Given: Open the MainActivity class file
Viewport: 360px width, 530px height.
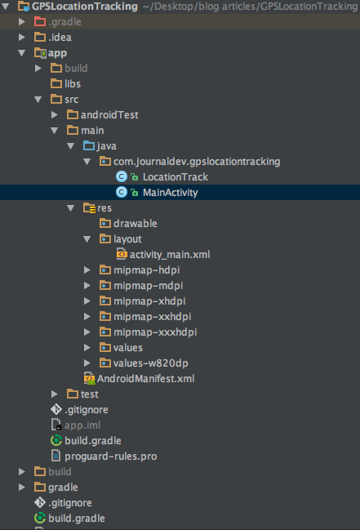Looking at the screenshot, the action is [x=170, y=193].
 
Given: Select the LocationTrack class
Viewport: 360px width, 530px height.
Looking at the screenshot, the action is [x=175, y=177].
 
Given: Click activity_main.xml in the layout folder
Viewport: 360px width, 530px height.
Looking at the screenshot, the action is [x=170, y=255].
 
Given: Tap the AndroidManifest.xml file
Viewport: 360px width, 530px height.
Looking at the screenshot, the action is [x=145, y=379].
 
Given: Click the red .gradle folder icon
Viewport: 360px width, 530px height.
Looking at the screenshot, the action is [x=40, y=21].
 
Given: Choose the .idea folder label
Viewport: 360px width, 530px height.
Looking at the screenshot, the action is [x=60, y=38].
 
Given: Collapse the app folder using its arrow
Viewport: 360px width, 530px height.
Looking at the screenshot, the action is [x=22, y=53].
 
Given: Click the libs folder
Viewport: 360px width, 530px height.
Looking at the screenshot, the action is [x=73, y=84].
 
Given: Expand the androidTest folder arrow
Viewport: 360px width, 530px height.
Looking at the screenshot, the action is [x=55, y=115].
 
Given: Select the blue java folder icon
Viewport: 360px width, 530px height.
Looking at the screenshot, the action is [x=89, y=145].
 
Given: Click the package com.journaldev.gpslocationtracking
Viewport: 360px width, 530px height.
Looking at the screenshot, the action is [x=197, y=162].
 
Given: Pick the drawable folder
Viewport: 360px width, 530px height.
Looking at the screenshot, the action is [x=136, y=224].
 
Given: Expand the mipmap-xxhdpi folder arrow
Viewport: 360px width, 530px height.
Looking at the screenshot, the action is [x=87, y=316].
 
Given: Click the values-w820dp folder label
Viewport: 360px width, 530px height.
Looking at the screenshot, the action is [x=151, y=363].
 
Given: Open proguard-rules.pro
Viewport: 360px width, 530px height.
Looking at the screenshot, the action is [x=110, y=457].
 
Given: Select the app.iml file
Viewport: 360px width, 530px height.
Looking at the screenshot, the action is [x=82, y=425].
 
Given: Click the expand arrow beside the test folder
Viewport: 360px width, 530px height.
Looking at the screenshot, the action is [x=55, y=394].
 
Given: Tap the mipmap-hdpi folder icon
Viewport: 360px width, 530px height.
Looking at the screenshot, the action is [x=105, y=269].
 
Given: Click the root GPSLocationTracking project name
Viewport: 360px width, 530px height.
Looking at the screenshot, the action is [x=85, y=6].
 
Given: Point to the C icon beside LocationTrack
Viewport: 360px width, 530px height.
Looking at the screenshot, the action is [x=122, y=176].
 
